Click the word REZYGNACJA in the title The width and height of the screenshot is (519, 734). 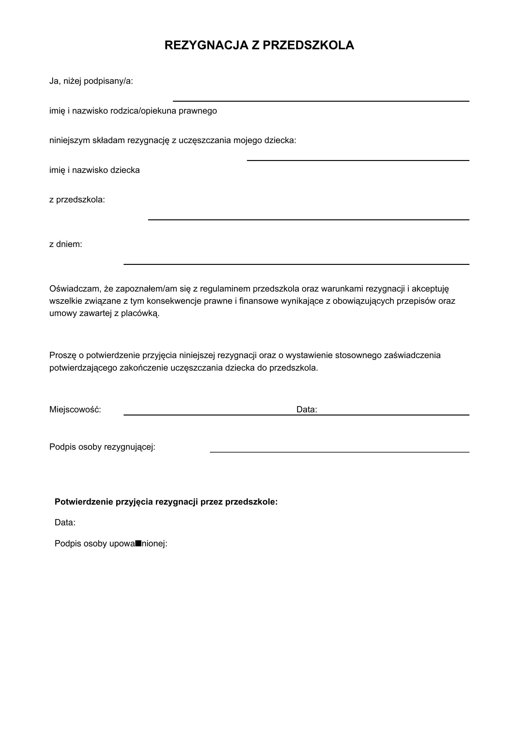tap(206, 46)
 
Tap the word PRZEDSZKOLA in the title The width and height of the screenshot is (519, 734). tap(308, 46)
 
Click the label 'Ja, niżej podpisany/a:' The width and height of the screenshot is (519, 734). tap(91, 81)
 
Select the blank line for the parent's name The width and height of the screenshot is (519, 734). tap(321, 101)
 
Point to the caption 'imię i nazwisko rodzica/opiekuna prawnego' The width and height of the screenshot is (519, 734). tap(133, 111)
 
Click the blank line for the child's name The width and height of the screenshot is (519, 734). tap(358, 160)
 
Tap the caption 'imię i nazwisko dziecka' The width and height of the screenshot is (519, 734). tap(94, 170)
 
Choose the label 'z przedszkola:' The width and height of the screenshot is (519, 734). tap(77, 200)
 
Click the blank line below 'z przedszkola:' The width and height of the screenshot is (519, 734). tap(308, 220)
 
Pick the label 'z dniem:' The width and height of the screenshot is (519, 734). tap(66, 244)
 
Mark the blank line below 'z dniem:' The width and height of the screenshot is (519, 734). tap(296, 264)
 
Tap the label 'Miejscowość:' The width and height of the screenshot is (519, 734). tap(75, 410)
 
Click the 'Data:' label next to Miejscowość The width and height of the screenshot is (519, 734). tap(307, 410)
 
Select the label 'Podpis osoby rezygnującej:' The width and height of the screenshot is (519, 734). tap(102, 447)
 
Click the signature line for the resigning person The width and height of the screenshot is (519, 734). tap(340, 452)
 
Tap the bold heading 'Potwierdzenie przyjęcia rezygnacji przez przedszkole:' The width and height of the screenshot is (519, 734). tap(166, 502)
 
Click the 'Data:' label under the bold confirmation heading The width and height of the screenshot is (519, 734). tap(65, 523)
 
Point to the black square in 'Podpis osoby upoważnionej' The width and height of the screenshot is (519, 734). tap(138, 543)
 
